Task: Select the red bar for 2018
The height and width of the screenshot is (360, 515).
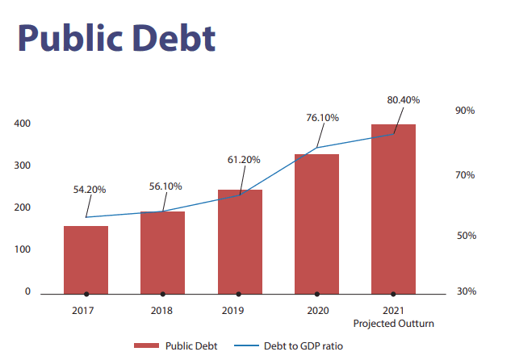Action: click(162, 251)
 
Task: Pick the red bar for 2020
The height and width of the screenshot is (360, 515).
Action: click(316, 222)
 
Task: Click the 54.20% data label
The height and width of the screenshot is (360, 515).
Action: click(90, 189)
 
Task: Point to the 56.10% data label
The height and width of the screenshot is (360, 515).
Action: click(166, 186)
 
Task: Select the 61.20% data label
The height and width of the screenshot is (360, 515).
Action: click(244, 160)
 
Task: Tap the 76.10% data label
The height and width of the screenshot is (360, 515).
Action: click(322, 117)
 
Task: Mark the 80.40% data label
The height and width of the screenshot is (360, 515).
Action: click(404, 99)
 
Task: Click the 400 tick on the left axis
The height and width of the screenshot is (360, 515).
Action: click(23, 123)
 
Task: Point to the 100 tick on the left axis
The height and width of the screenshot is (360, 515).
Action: click(23, 249)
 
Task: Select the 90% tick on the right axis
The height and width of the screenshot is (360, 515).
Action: click(465, 111)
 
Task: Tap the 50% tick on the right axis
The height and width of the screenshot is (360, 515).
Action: click(465, 236)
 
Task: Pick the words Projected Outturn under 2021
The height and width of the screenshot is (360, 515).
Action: click(394, 323)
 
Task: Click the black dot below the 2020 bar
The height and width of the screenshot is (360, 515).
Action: click(316, 294)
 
